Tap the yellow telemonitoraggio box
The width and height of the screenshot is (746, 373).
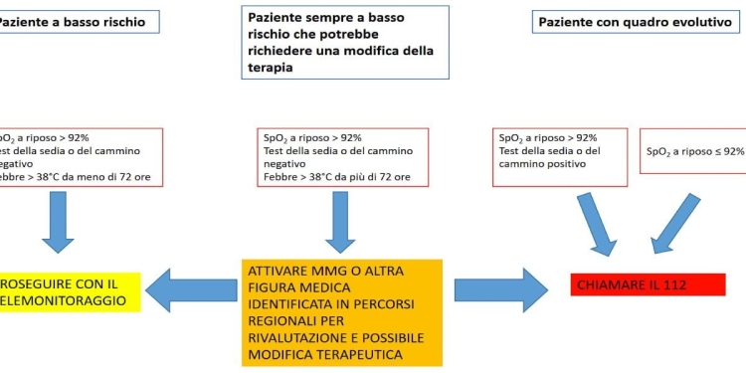coord(71,289)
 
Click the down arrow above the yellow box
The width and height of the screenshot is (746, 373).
coord(57,220)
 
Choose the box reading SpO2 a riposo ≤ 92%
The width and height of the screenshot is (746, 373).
coord(692,151)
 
